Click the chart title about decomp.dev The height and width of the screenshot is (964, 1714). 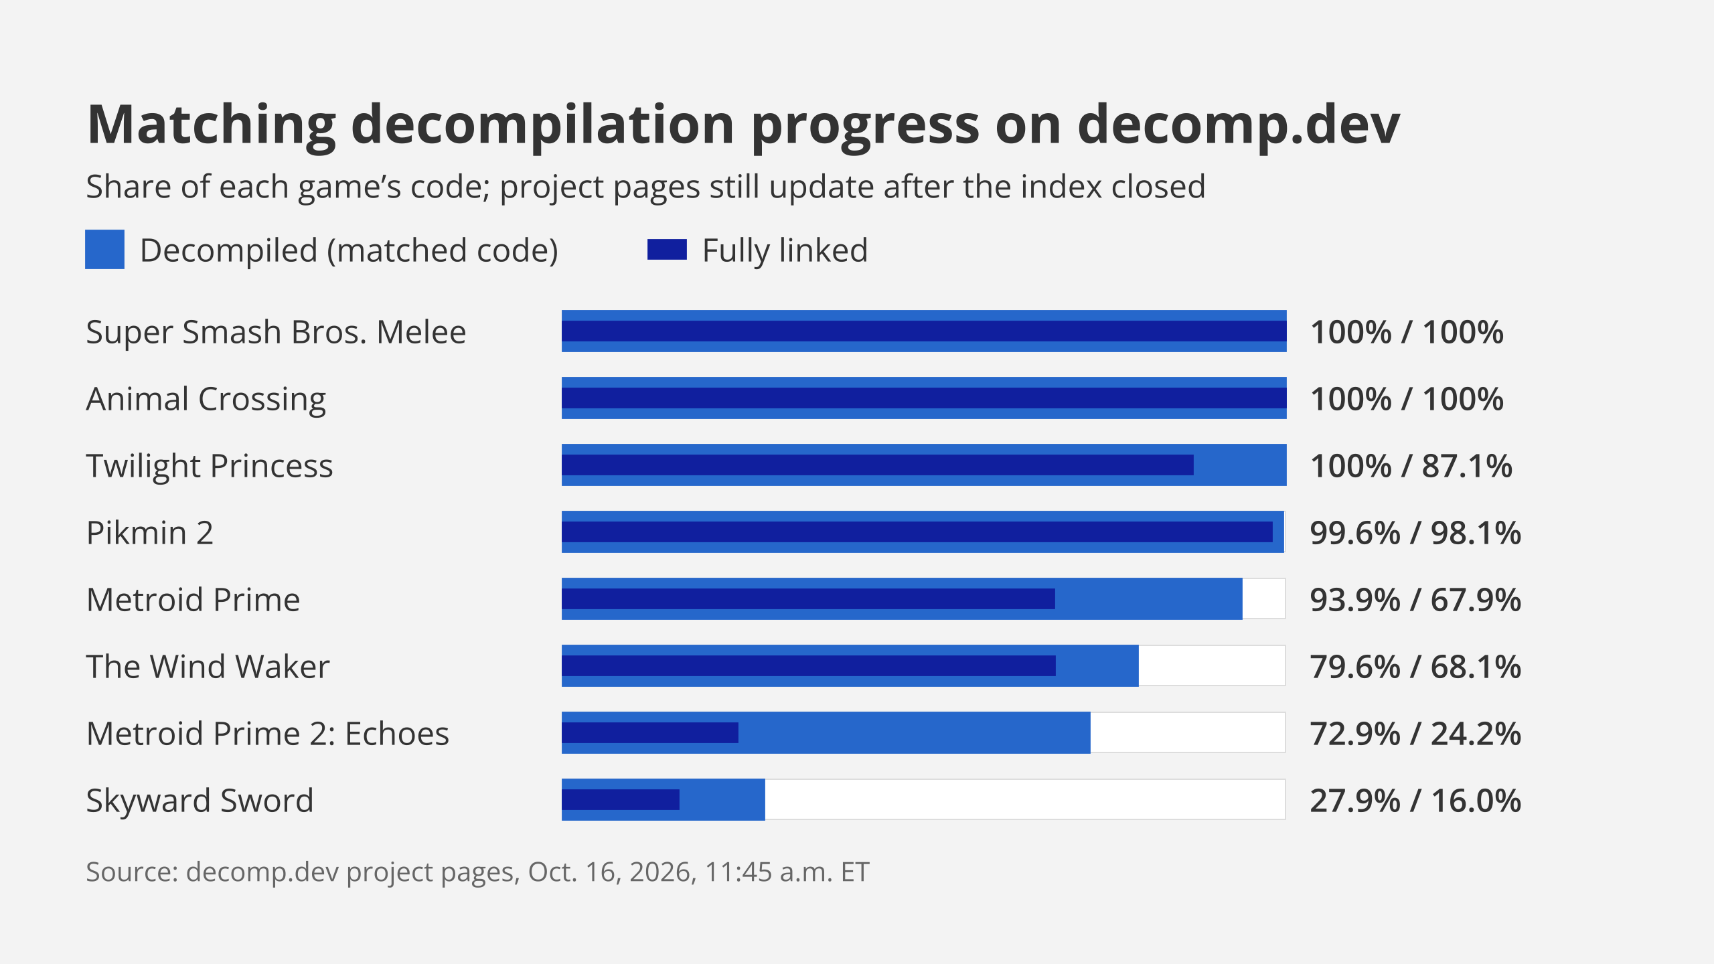[743, 126]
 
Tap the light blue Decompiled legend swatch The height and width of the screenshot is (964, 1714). [104, 250]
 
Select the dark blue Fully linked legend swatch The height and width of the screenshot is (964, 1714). [667, 250]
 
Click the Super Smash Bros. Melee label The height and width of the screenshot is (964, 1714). [276, 332]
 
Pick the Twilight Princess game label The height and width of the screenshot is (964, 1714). [210, 467]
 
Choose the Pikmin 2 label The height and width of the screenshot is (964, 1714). [150, 533]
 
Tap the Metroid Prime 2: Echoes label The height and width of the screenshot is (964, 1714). [268, 734]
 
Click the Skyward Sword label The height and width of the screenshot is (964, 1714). [200, 801]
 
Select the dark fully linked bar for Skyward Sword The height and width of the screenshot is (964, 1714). [621, 799]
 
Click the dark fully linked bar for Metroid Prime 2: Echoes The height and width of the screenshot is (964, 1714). [650, 732]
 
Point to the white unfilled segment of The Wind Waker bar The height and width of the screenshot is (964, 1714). [1212, 665]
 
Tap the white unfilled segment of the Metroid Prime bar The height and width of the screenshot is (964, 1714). [1264, 598]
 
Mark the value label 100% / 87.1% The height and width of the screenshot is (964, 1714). [1411, 466]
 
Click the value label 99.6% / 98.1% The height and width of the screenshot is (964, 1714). [1415, 533]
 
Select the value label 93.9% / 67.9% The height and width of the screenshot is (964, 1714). [1415, 600]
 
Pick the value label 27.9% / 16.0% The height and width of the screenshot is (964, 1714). [1415, 801]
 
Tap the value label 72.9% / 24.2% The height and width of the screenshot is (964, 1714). [1415, 734]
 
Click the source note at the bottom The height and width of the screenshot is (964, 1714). [477, 872]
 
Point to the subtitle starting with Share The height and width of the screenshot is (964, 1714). [646, 187]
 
